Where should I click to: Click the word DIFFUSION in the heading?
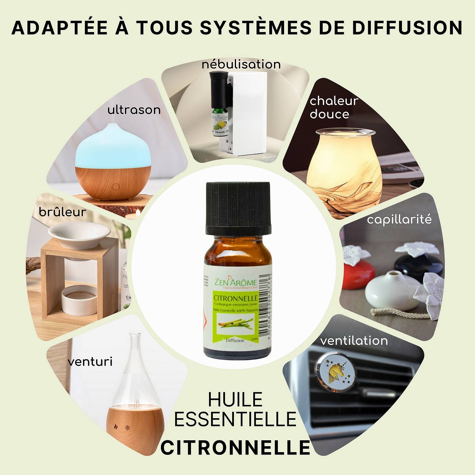pos(407,28)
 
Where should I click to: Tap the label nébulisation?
pos(241,64)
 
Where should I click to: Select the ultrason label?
pos(134,110)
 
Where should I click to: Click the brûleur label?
pos(63,212)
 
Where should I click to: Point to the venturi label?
pos(90,362)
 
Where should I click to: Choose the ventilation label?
pos(354,341)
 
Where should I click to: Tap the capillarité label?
pos(399,220)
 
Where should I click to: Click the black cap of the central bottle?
pos(238,208)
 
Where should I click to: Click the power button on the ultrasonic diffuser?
pos(115,187)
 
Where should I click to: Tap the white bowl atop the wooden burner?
pos(79,235)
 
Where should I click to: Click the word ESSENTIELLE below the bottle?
pos(235,419)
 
